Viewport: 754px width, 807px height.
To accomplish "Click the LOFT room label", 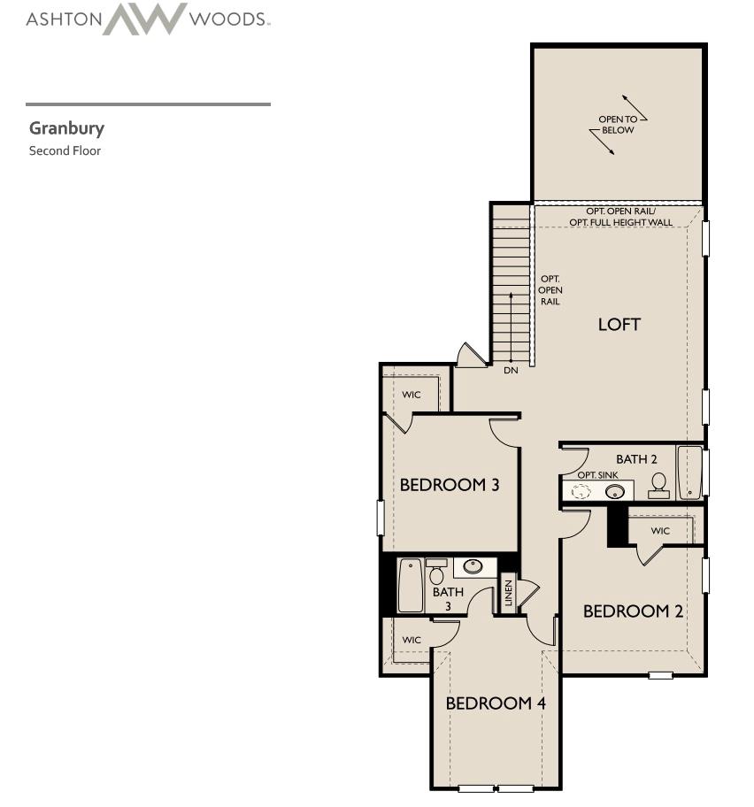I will pos(619,324).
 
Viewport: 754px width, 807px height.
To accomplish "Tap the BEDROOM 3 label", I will pos(449,485).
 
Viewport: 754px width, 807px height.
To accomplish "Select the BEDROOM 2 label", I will pos(633,611).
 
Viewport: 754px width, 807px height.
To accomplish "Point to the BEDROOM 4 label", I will pos(496,703).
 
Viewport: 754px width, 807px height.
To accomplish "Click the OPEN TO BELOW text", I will pos(617,125).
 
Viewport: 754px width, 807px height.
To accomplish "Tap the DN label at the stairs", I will pos(511,371).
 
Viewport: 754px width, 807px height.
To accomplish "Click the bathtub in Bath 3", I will pos(410,585).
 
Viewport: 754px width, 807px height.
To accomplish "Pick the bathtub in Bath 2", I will pos(689,473).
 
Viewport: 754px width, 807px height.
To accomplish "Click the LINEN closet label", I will pos(508,593).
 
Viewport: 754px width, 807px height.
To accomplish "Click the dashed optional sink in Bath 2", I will pos(581,490).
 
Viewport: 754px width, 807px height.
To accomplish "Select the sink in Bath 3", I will pos(473,566).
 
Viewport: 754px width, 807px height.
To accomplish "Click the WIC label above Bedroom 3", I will pos(412,395).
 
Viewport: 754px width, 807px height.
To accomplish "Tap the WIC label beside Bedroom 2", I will pos(660,531).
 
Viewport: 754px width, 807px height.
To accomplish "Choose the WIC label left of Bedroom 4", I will pos(412,640).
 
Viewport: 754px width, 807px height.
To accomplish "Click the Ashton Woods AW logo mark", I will pos(144,19).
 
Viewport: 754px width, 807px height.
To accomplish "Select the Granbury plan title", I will pos(66,128).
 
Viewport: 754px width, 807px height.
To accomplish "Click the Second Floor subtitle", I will pos(65,150).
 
